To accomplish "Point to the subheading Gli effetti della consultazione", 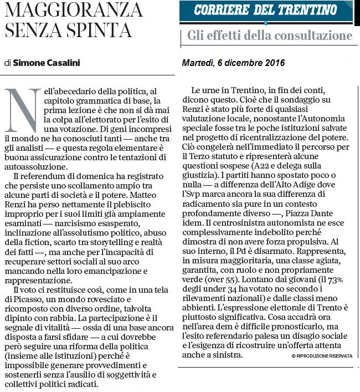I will click(x=270, y=36).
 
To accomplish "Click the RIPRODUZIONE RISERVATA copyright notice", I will click(x=322, y=357).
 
